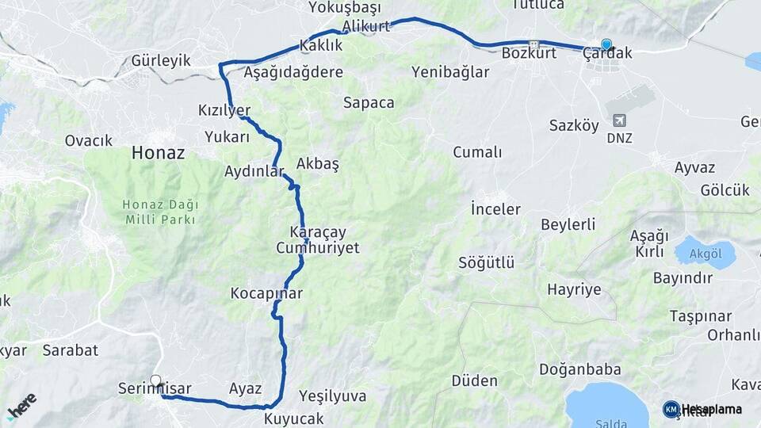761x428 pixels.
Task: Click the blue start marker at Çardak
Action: [606, 44]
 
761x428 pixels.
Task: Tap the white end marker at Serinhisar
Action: [155, 380]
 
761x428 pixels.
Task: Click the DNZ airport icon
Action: [619, 120]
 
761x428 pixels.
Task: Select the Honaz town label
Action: [159, 152]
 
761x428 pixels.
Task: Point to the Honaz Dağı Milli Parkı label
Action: [160, 212]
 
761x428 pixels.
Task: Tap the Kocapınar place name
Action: [266, 293]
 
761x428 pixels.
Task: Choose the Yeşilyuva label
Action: [333, 396]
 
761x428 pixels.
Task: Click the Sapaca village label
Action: [369, 102]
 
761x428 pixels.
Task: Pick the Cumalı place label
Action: [477, 152]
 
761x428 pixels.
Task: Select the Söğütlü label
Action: [487, 262]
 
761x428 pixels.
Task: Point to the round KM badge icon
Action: [671, 409]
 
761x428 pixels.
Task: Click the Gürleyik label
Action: [162, 61]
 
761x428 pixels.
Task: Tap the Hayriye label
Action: [574, 289]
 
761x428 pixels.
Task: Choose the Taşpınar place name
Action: [700, 315]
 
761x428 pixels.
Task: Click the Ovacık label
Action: [89, 140]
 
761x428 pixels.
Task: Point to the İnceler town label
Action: [495, 209]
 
